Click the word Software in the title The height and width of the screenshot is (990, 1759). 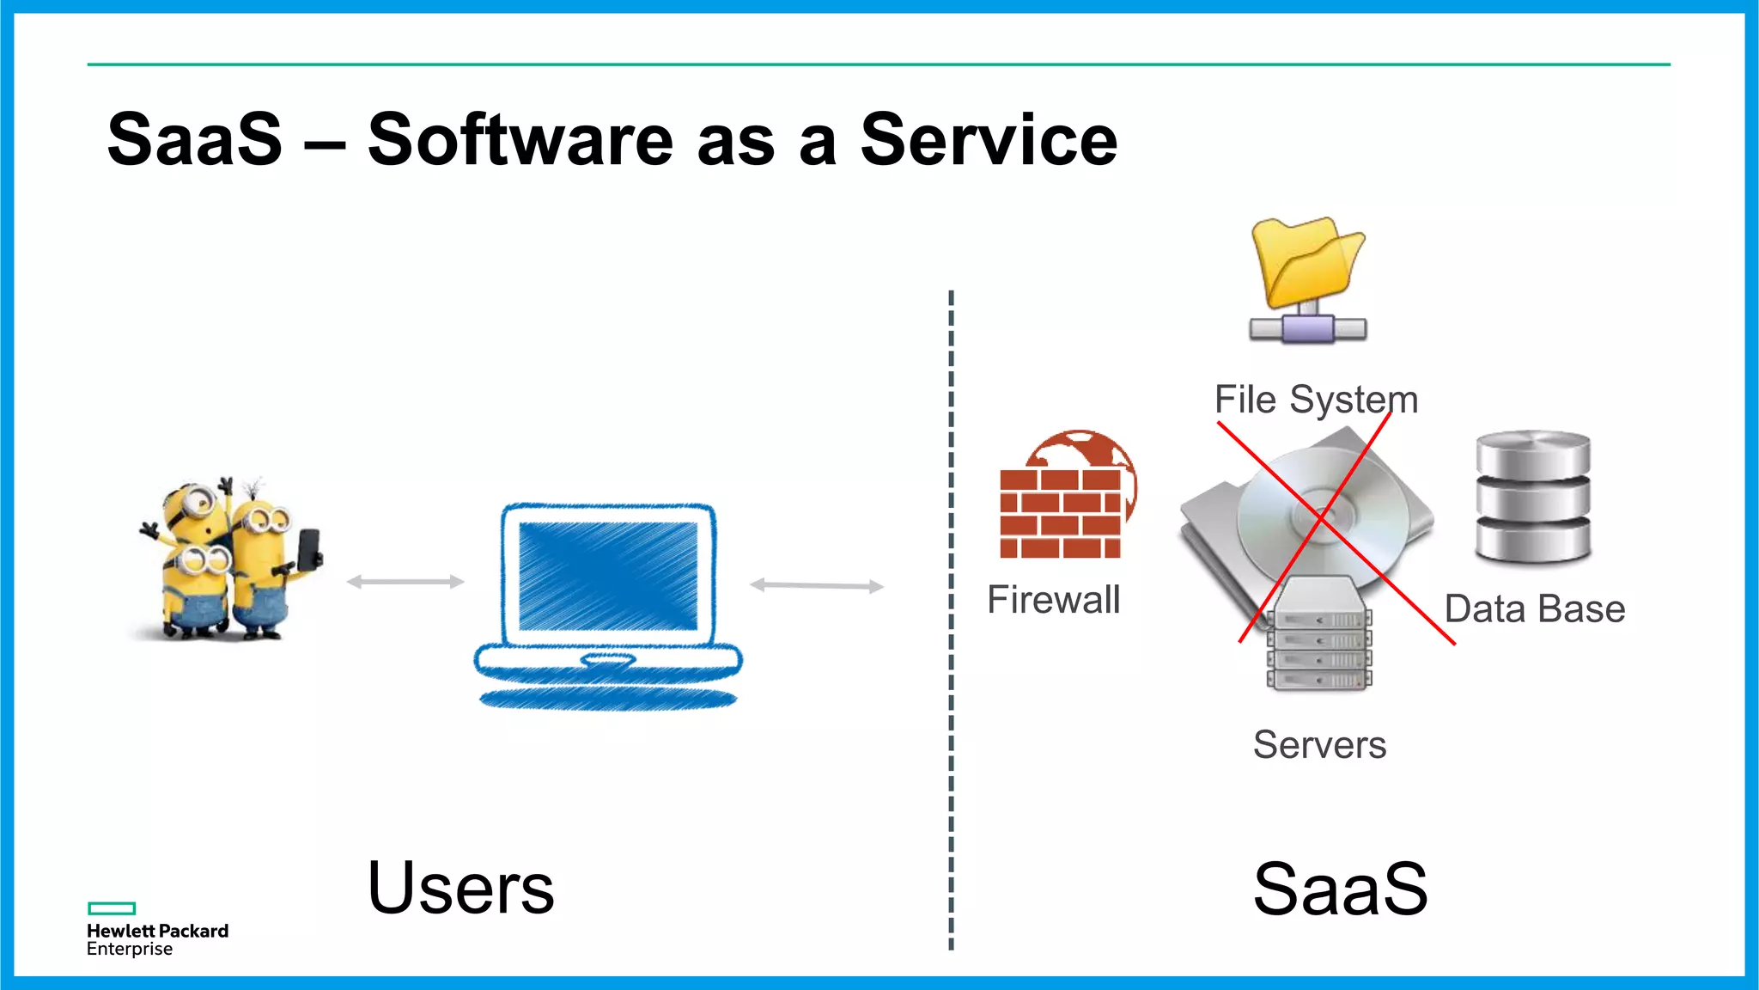520,140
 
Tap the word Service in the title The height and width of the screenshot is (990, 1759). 989,140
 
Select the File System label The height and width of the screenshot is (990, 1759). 1316,400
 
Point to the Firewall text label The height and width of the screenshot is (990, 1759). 1054,600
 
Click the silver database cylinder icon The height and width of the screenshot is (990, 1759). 1533,497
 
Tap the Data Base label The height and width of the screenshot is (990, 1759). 1535,609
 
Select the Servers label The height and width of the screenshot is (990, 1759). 1319,745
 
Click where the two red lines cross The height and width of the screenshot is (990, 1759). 1321,518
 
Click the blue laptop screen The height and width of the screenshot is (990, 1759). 608,574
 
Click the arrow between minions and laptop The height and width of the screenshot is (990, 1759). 405,582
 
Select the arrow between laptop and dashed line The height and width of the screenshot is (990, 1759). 817,586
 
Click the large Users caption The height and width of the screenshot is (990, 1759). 461,889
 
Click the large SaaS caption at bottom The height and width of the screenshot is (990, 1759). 1340,889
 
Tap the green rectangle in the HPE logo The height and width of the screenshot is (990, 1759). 112,908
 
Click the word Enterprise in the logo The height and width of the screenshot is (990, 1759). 130,950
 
